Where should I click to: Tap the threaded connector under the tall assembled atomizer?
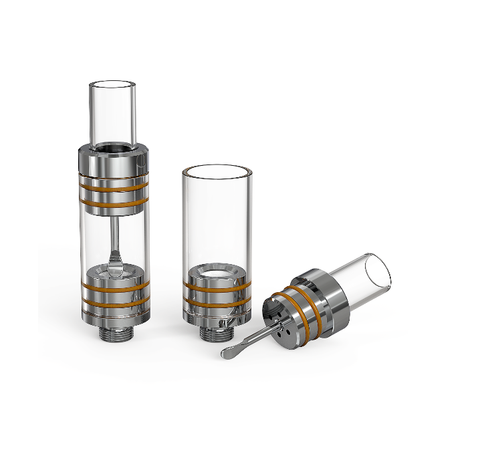tap(113, 332)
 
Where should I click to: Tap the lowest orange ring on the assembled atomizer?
tap(113, 305)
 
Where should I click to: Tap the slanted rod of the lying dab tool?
tap(254, 334)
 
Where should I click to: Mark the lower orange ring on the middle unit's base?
tap(217, 300)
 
